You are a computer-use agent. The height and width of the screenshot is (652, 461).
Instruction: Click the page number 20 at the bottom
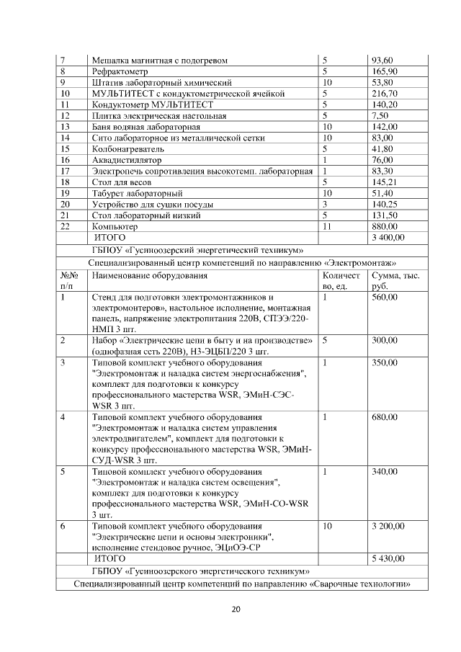click(x=236, y=609)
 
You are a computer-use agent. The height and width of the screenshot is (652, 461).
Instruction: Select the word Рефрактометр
click(x=119, y=72)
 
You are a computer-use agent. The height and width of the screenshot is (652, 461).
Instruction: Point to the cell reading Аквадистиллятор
click(x=127, y=159)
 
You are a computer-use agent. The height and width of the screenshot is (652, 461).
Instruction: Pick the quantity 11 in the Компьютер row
click(x=327, y=226)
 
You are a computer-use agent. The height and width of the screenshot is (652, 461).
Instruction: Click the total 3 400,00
click(x=388, y=237)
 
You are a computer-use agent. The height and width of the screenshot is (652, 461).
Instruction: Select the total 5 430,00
click(x=388, y=558)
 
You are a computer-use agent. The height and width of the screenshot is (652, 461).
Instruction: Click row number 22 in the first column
click(x=65, y=226)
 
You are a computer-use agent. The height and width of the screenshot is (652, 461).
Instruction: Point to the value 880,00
click(x=384, y=226)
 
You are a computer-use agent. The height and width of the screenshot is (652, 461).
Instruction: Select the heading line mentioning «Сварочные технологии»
click(x=242, y=584)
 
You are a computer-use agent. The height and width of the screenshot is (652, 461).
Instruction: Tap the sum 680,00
click(x=384, y=417)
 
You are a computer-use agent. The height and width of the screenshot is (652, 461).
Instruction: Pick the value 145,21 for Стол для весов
click(x=384, y=182)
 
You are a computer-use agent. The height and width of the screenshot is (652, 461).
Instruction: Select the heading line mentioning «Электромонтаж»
click(x=242, y=262)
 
